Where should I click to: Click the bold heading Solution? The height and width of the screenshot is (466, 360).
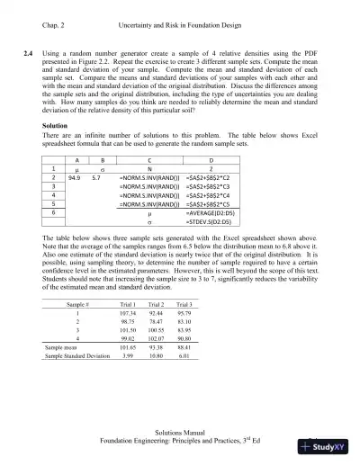click(x=57, y=150)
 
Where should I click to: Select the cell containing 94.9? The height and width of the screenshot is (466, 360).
click(x=86, y=204)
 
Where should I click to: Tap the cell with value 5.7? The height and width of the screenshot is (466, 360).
click(x=105, y=204)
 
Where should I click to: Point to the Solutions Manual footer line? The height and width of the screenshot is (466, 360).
click(x=180, y=433)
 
